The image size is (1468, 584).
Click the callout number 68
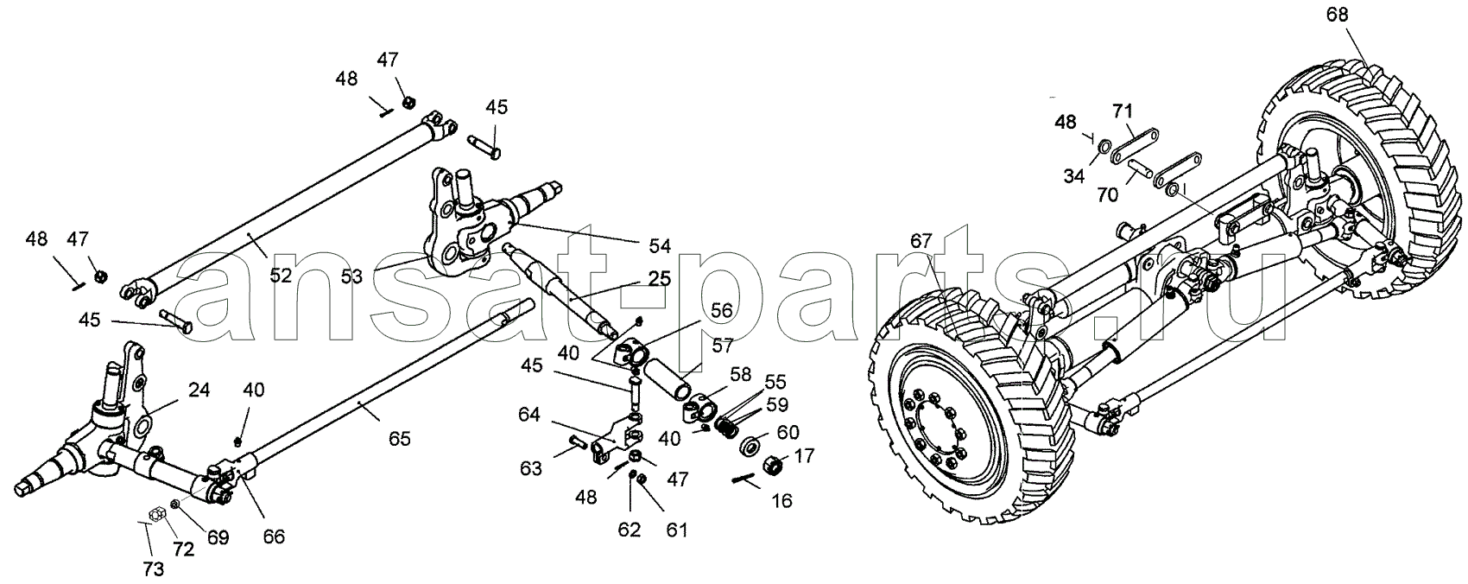tap(1338, 15)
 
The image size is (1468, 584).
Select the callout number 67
tap(921, 241)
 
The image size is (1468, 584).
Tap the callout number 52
tap(280, 276)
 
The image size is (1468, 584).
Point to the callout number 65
tap(399, 439)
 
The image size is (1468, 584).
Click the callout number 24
tap(199, 390)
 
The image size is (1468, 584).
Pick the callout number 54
tap(660, 246)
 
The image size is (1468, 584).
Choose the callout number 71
tap(1123, 111)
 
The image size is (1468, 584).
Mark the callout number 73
tap(153, 569)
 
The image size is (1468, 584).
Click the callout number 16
tap(781, 501)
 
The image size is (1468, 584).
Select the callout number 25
tap(660, 278)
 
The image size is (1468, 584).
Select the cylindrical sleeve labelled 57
tap(667, 384)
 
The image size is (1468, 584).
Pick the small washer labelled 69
tap(175, 504)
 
